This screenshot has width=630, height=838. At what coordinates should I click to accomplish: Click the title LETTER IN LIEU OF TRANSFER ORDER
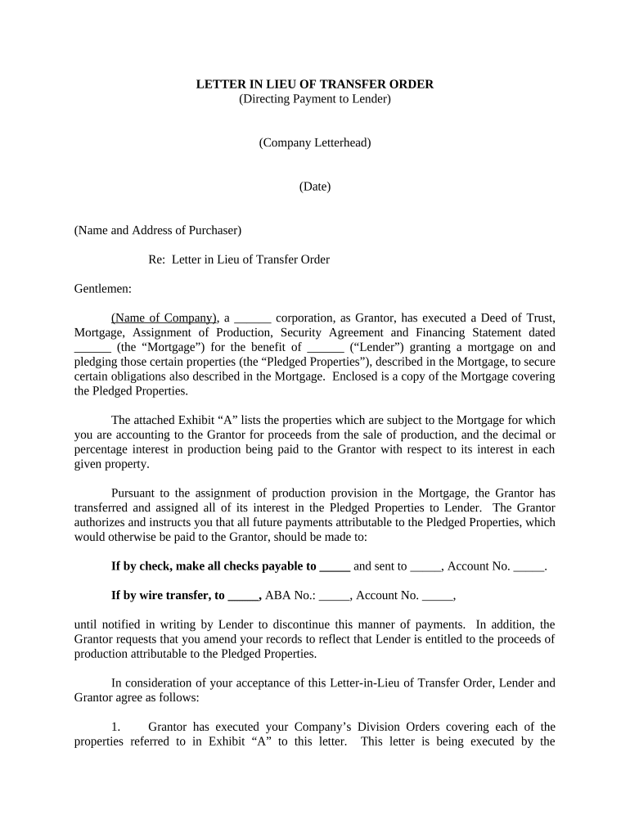[x=314, y=84]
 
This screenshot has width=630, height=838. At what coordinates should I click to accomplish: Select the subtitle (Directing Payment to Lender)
[x=314, y=99]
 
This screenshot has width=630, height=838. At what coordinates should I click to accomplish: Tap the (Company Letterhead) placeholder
[x=314, y=142]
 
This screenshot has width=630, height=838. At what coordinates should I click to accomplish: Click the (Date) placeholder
[x=314, y=187]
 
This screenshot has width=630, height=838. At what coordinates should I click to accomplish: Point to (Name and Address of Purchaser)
[x=157, y=230]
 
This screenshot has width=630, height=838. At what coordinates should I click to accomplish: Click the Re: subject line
[x=238, y=259]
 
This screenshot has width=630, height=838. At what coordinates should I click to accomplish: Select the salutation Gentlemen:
[x=102, y=288]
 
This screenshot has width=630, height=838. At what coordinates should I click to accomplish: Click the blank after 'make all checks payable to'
[x=335, y=565]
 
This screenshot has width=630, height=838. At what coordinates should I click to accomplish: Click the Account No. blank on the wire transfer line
[x=437, y=595]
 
